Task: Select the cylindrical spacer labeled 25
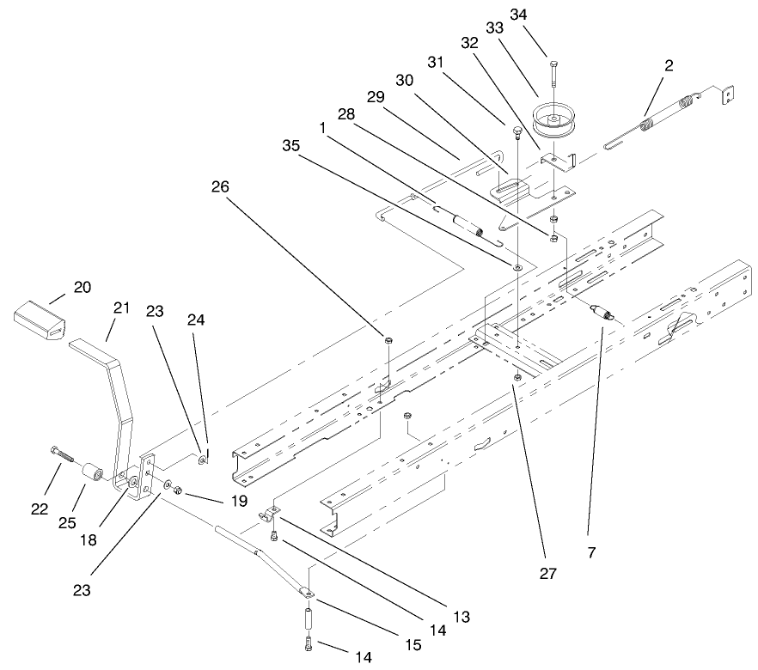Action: [92, 472]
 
